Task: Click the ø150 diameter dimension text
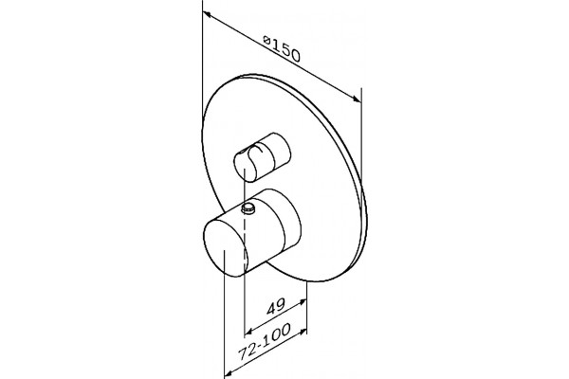click(282, 49)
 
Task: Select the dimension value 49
click(276, 308)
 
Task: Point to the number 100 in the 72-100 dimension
click(278, 334)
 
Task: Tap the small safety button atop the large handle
click(248, 208)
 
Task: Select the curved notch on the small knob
click(256, 152)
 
